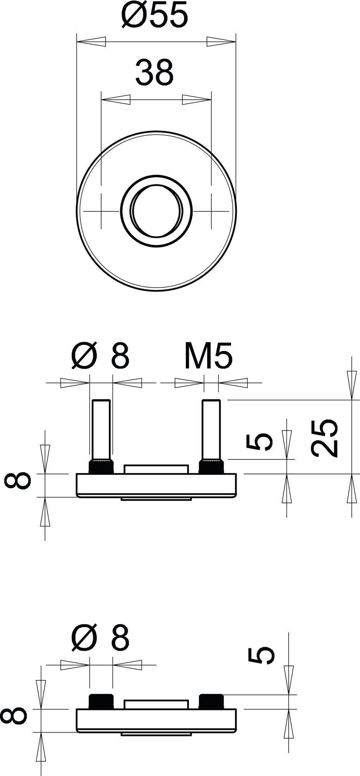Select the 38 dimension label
pyautogui.click(x=154, y=72)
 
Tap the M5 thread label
pyautogui.click(x=208, y=355)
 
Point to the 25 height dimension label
pyautogui.click(x=324, y=437)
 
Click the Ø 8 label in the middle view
pyautogui.click(x=100, y=355)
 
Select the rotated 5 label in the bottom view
pyautogui.click(x=261, y=655)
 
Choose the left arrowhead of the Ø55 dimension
pyautogui.click(x=91, y=42)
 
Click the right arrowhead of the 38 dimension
pyautogui.click(x=197, y=99)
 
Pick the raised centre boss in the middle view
pyautogui.click(x=156, y=469)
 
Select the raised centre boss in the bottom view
pyautogui.click(x=156, y=705)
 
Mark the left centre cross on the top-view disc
pyautogui.click(x=101, y=211)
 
